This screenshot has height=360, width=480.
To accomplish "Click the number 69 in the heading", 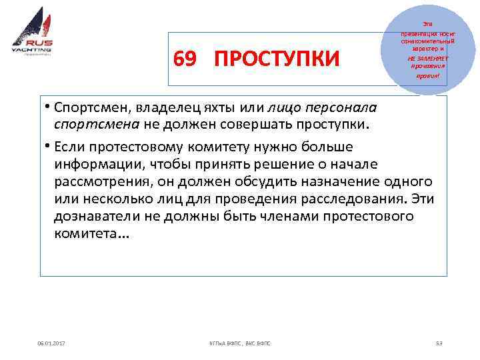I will [185, 60].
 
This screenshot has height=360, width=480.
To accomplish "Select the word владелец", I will [159, 107].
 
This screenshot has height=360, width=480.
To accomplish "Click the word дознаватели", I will [97, 217].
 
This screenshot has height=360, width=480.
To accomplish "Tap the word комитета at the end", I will [87, 234].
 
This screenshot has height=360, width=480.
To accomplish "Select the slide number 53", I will [439, 343].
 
